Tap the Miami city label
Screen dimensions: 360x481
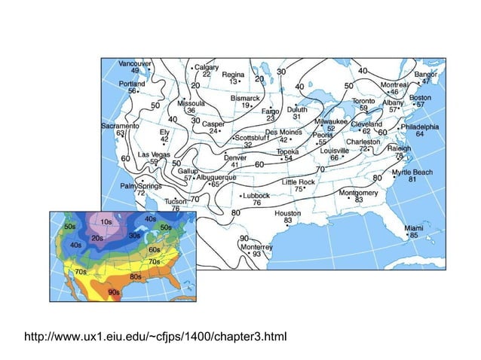coord(413,227)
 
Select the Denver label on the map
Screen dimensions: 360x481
coord(235,157)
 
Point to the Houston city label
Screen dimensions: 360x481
coord(287,213)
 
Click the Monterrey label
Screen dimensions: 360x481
coord(257,246)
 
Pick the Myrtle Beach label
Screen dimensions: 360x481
coord(412,172)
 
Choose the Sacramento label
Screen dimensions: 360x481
coord(120,126)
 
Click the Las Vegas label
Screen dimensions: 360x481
coord(153,154)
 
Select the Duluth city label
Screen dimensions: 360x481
coord(297,109)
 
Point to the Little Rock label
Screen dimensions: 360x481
coord(298,182)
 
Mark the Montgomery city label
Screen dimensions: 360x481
coord(359,192)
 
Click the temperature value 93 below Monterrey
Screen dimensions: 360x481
coord(257,254)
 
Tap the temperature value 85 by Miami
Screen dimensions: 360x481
coord(413,235)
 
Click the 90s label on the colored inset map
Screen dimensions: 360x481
coord(114,292)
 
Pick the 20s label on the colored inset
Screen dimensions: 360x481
coord(97,238)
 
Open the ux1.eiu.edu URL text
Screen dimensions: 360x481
coord(164,334)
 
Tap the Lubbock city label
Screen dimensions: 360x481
coord(256,195)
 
